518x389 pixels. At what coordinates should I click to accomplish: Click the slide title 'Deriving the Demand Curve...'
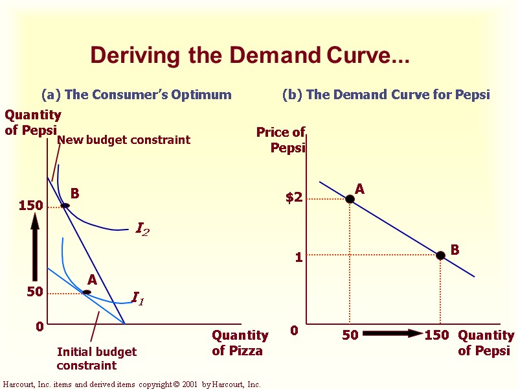[250, 55]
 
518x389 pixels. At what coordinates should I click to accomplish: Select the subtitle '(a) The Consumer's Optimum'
[136, 95]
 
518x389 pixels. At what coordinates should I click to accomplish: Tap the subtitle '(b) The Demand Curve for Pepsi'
[386, 95]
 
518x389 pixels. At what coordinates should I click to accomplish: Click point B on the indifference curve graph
[65, 206]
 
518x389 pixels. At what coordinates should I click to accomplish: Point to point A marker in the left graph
[87, 292]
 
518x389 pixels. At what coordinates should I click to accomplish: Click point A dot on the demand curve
[350, 199]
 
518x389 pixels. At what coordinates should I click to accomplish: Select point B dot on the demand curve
[440, 255]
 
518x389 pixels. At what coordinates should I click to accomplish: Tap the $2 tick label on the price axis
[294, 198]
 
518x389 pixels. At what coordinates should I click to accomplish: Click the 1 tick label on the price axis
[298, 257]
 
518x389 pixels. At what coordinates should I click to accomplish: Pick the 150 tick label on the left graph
[31, 206]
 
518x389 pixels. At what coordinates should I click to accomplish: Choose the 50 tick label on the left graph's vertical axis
[35, 292]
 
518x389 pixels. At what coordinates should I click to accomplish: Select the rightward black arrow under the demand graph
[392, 334]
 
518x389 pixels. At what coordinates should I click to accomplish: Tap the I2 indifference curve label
[142, 229]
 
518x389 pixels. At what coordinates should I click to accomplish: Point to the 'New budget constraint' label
[124, 139]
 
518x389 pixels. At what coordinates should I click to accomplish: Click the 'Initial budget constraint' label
[96, 359]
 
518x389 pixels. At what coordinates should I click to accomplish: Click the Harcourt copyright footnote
[131, 384]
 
